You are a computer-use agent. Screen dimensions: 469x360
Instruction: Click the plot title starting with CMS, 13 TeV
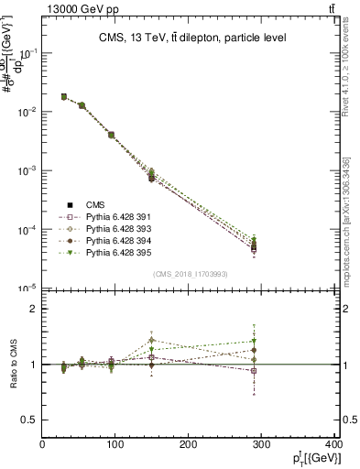click(192, 38)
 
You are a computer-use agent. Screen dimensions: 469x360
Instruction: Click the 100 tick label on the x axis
click(115, 445)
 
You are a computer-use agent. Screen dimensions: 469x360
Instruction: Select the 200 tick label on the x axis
click(189, 445)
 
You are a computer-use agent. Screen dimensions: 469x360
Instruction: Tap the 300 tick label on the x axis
click(262, 445)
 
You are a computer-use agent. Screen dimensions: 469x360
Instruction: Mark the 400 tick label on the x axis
click(333, 445)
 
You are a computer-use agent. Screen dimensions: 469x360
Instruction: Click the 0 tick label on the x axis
click(43, 445)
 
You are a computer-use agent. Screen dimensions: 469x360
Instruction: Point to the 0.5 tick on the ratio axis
click(29, 420)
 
